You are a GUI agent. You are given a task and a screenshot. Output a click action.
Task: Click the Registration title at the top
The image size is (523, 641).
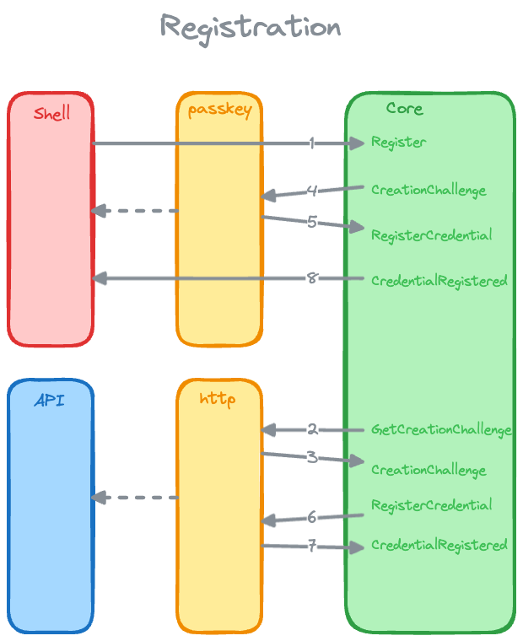(x=251, y=27)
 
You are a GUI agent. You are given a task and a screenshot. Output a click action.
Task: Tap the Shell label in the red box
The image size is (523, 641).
(x=51, y=113)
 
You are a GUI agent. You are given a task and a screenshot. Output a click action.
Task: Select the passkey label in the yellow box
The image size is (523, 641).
(x=219, y=110)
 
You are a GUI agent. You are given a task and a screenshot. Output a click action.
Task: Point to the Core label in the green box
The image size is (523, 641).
(x=404, y=109)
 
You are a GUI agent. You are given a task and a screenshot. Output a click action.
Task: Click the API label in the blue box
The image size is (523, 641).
(x=50, y=401)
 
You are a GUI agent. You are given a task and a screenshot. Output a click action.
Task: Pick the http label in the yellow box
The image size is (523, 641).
(x=218, y=399)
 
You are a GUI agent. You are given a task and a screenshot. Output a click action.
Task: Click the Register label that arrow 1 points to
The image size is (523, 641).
(x=398, y=143)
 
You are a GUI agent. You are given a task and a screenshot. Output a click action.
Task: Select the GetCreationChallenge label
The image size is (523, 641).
(x=441, y=430)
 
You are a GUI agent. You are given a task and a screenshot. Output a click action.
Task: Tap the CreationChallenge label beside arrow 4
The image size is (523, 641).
(x=429, y=190)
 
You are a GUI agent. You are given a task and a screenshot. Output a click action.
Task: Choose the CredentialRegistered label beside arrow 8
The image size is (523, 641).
(x=439, y=281)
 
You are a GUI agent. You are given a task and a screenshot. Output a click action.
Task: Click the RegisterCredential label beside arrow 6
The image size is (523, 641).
(x=431, y=505)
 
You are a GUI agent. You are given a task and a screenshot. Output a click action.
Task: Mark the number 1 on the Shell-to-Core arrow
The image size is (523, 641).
(x=312, y=143)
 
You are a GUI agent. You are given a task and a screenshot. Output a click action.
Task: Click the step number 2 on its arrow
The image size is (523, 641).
(x=312, y=430)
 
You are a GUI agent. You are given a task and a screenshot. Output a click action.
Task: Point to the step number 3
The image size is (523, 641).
(x=312, y=458)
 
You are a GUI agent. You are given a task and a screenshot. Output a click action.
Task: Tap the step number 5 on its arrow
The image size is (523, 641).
(x=312, y=223)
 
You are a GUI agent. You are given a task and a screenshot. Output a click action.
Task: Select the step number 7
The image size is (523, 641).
(x=312, y=547)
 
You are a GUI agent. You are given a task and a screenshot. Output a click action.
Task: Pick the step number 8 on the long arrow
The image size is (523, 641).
(x=312, y=278)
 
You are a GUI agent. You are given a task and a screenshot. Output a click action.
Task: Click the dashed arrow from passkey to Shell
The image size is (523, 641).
(x=135, y=211)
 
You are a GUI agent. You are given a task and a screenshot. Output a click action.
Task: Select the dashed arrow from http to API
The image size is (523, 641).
(x=135, y=498)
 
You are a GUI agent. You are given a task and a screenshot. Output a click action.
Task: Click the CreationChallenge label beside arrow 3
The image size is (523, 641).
(x=429, y=470)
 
